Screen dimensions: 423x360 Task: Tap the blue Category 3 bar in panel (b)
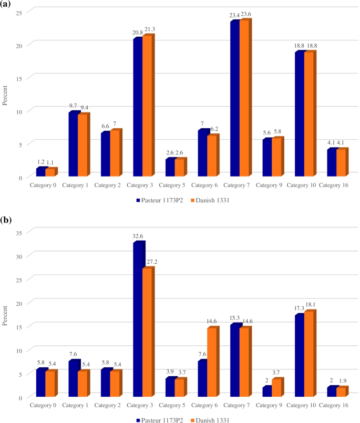click(138, 320)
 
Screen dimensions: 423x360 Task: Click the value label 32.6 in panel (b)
click(138, 236)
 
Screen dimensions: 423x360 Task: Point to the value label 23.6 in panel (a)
click(246, 14)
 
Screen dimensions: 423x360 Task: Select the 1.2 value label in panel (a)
click(40, 162)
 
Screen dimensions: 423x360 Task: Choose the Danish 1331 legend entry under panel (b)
click(211, 420)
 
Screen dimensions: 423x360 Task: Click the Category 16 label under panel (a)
click(333, 185)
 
